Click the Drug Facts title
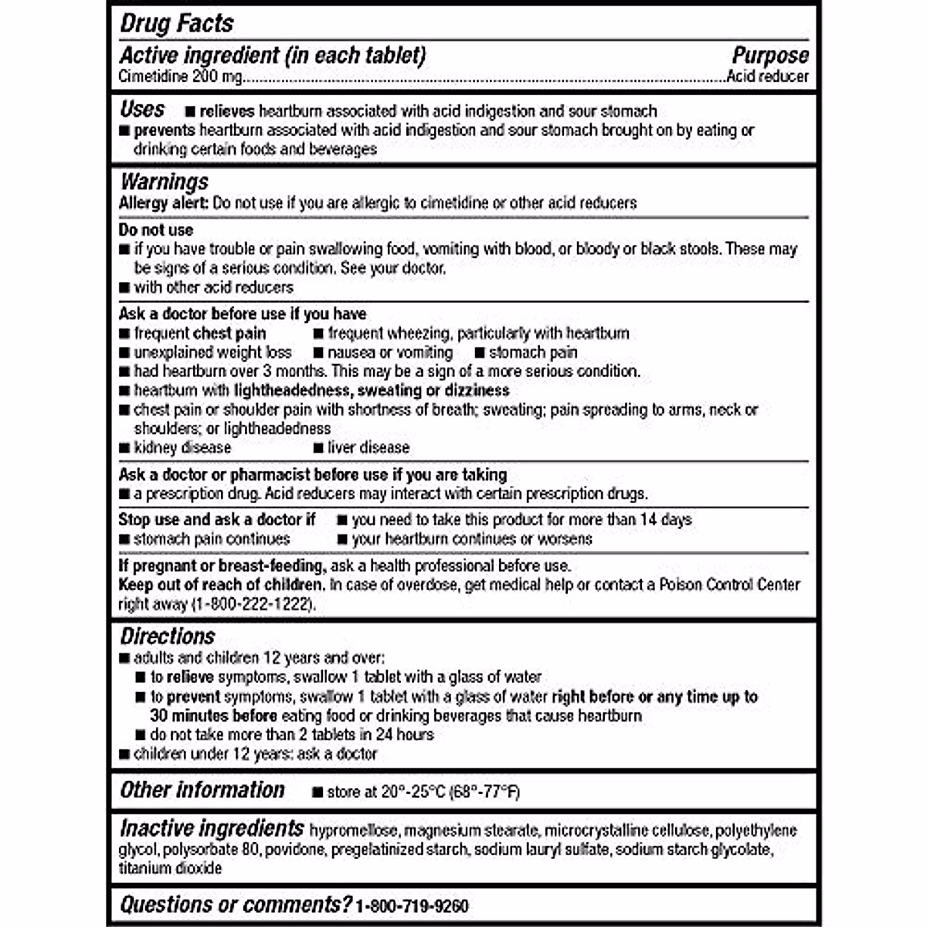(177, 23)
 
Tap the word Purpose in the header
(769, 56)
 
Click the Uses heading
(143, 109)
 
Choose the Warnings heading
(165, 182)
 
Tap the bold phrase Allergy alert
(163, 203)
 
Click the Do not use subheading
(156, 229)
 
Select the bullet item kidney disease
(182, 447)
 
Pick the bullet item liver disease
(368, 447)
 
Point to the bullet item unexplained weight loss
(212, 352)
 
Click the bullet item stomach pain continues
(212, 538)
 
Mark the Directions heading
(168, 637)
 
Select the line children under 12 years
(255, 753)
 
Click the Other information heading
(202, 789)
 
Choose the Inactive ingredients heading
(212, 828)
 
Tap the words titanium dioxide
(170, 868)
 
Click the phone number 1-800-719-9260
(412, 905)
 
